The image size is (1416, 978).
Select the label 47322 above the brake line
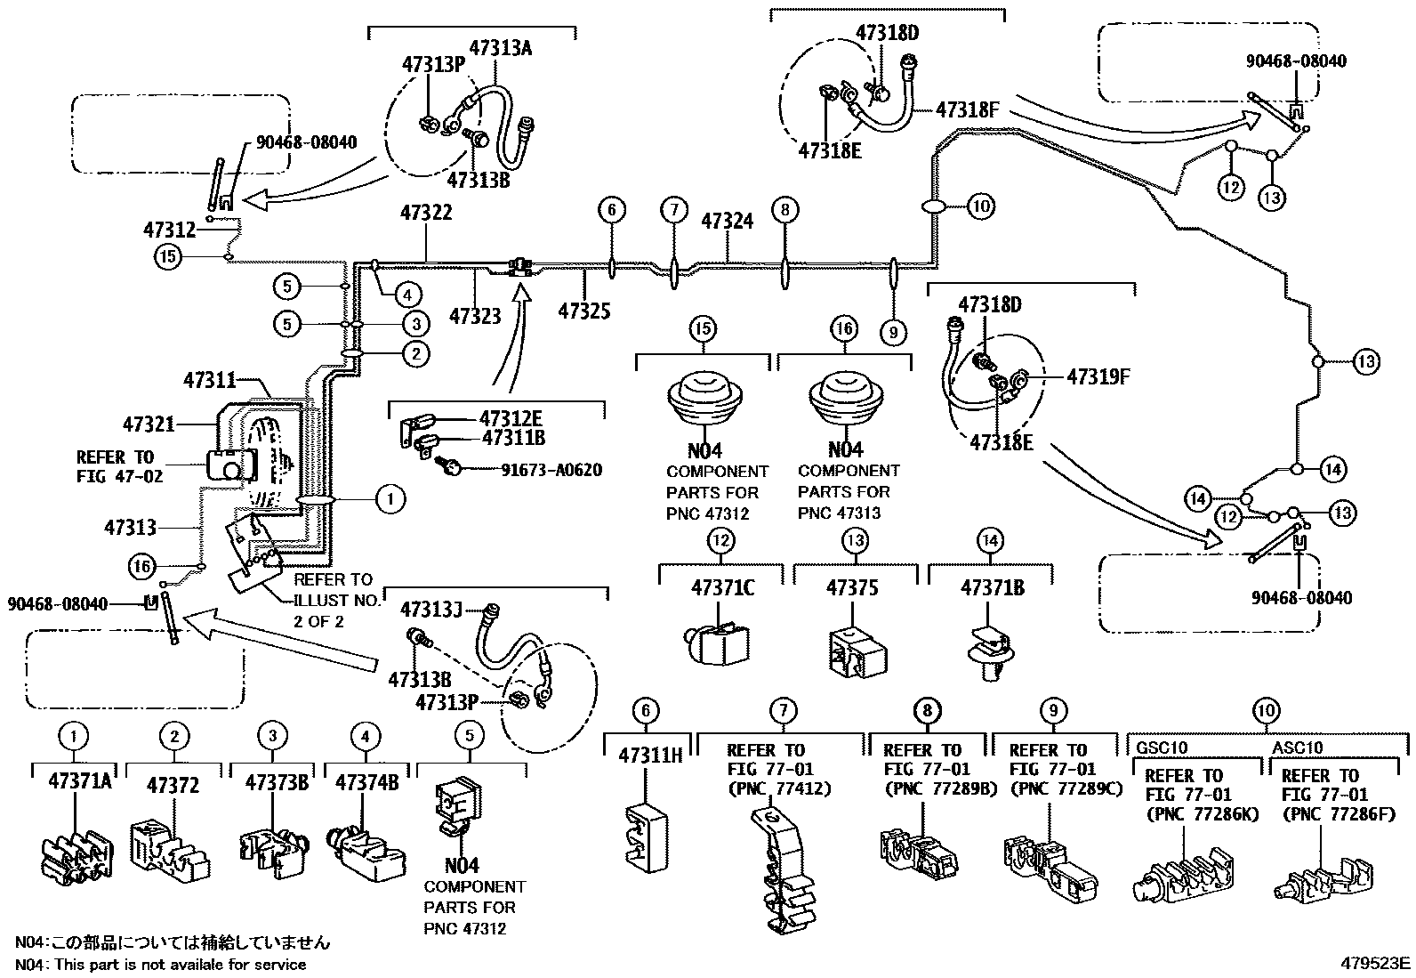(x=426, y=213)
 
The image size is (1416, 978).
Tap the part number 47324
(x=728, y=221)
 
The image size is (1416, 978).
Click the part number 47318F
(x=968, y=110)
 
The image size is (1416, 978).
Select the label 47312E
(x=511, y=418)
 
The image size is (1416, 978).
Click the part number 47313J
(x=431, y=610)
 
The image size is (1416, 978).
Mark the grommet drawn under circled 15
(x=703, y=405)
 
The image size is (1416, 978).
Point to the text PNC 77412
(x=778, y=788)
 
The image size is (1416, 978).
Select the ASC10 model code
(x=1297, y=748)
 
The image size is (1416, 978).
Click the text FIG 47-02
(x=119, y=476)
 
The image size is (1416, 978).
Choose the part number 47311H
(x=650, y=756)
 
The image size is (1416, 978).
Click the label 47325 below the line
(x=584, y=311)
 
